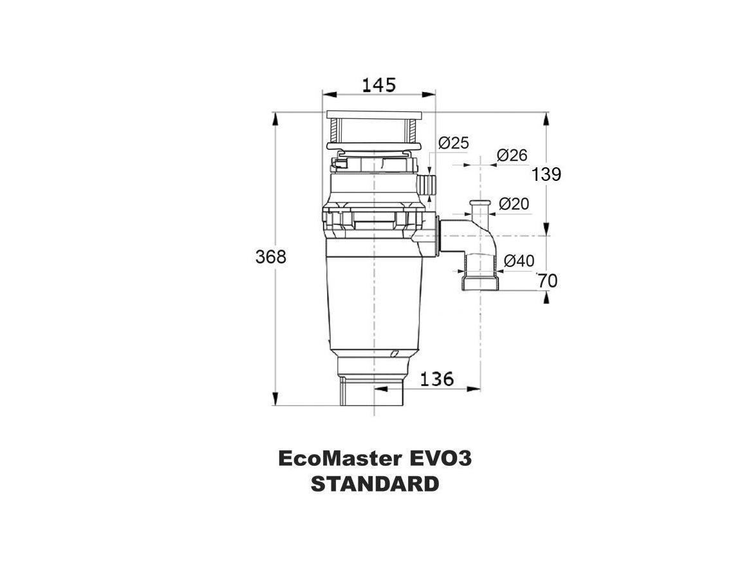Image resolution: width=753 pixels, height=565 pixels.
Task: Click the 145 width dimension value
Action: pos(378,84)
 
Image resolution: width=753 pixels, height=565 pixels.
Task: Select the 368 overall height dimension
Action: pos(270,257)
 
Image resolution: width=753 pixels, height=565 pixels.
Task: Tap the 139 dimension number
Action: pos(546,174)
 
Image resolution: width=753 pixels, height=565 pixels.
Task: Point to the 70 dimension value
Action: pos(548,281)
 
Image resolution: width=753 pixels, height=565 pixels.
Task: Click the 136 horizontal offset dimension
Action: pos(436,379)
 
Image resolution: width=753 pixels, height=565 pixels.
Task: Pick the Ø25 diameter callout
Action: pos(454,143)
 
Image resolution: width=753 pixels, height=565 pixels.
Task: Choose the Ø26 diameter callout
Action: pos(512,155)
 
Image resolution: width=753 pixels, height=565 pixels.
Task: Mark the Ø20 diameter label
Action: pos(514,204)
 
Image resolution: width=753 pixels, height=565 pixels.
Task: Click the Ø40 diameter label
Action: pos(519,261)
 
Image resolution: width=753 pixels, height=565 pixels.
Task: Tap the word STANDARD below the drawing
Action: pos(375,484)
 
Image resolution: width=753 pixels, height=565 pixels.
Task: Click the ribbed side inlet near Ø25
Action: pos(427,184)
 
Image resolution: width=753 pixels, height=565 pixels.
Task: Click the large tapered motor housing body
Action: pos(374,302)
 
